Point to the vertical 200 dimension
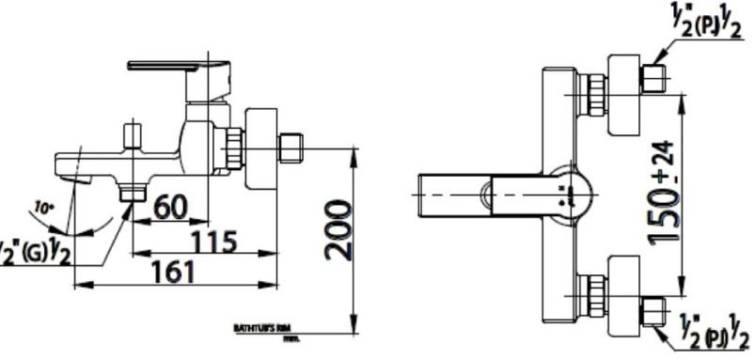tap(338, 230)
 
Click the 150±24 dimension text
tap(666, 192)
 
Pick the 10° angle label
tap(42, 206)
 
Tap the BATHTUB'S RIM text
tap(253, 327)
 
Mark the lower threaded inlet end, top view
tap(655, 307)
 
